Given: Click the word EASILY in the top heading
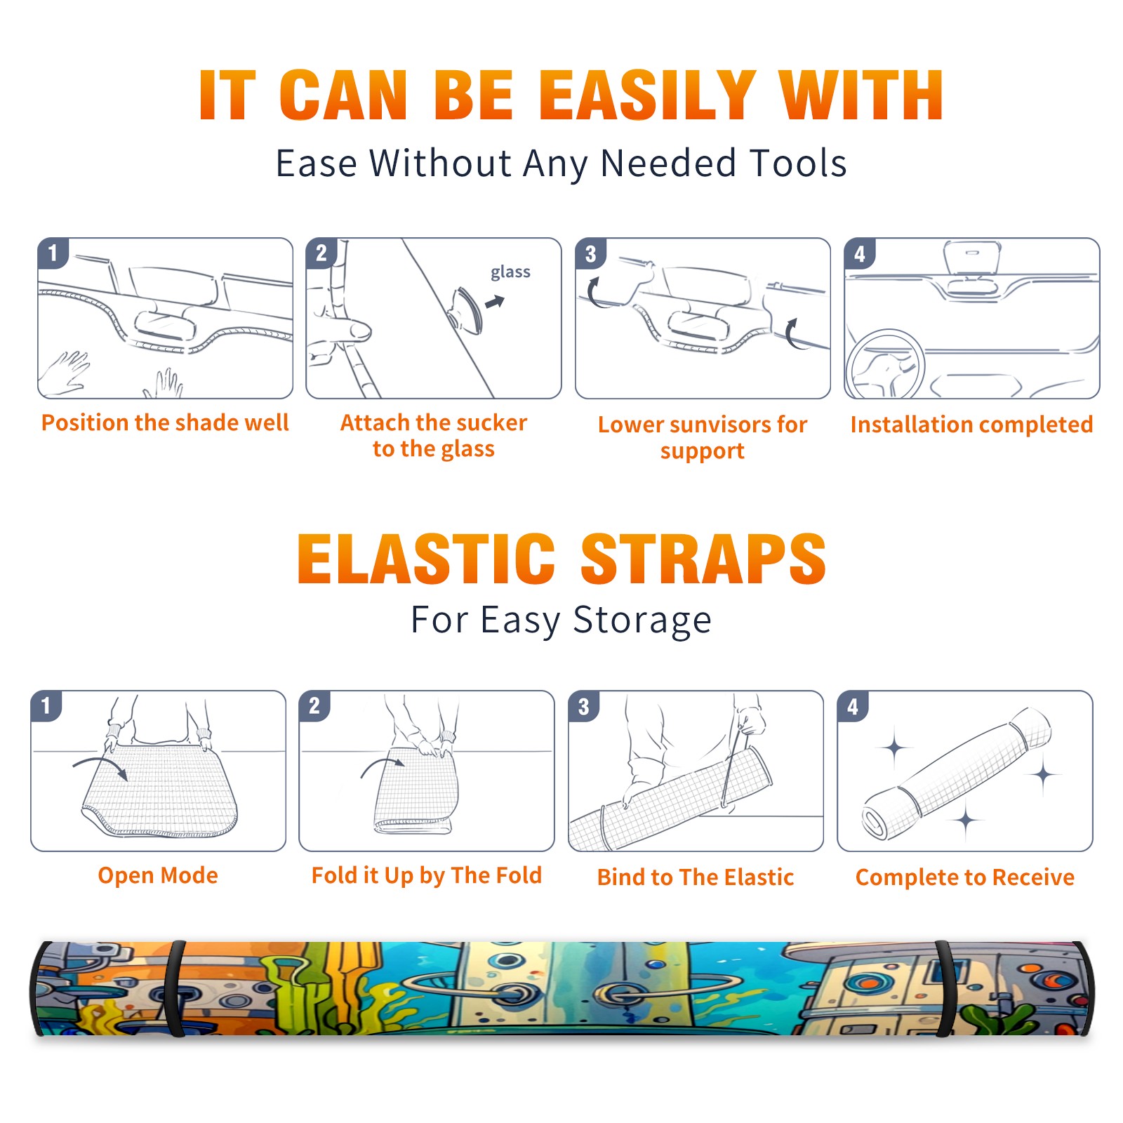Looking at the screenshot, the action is coord(647,96).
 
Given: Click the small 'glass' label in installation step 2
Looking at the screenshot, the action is coord(510,272).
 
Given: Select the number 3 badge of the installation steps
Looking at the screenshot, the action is coord(590,253).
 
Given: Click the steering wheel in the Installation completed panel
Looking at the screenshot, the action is coord(885,364).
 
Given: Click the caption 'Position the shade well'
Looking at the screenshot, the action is coord(165,423).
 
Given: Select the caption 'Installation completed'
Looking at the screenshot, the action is coord(971,424).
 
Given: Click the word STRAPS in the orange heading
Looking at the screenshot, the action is coord(703,559).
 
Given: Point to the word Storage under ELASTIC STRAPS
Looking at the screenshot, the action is coord(642,620).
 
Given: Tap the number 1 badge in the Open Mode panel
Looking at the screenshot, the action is coord(46,705).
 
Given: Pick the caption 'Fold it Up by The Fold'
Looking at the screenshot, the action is coord(427,875).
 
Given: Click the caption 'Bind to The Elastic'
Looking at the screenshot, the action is coord(696,877).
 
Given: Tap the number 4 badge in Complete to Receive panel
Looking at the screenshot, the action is coord(853,706).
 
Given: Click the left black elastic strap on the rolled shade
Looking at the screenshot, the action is coord(175,988).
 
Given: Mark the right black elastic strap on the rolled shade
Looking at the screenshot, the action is coord(945,988).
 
